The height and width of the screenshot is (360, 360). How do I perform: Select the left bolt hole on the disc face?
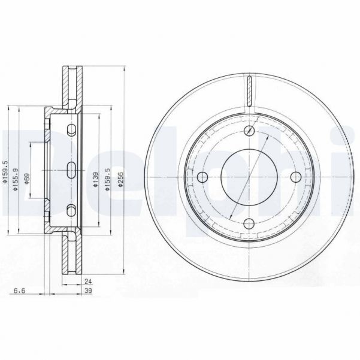(202, 177)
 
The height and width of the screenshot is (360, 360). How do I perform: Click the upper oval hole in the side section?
(71, 131)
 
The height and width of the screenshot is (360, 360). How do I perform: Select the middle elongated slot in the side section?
(70, 170)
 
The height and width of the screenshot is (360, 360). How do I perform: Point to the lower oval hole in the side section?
(71, 210)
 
